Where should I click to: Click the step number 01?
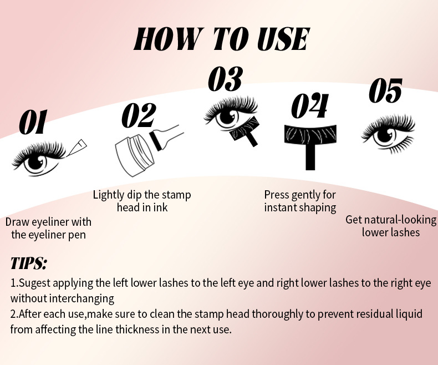tap(33, 122)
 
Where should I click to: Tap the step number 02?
tap(139, 115)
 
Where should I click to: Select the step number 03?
tap(226, 79)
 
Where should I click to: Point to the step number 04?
tap(310, 105)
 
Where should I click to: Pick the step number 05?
tap(385, 90)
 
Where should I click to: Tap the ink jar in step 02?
tap(134, 155)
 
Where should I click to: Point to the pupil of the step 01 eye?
tap(35, 162)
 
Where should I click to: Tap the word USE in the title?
tap(283, 39)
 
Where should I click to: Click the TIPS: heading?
tap(28, 263)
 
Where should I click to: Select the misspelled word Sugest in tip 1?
tap(35, 283)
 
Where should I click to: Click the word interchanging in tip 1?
tap(82, 299)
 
